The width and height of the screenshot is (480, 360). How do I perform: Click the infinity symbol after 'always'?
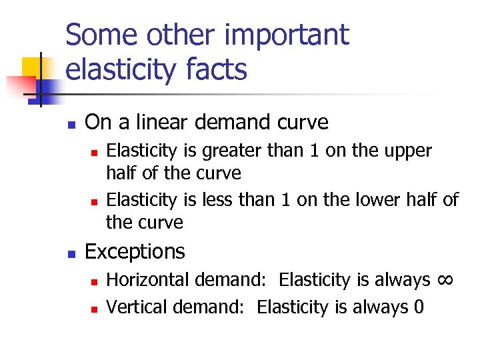446,279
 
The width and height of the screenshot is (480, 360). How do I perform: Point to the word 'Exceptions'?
135,251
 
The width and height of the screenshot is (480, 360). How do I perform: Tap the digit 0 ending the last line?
417,307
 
